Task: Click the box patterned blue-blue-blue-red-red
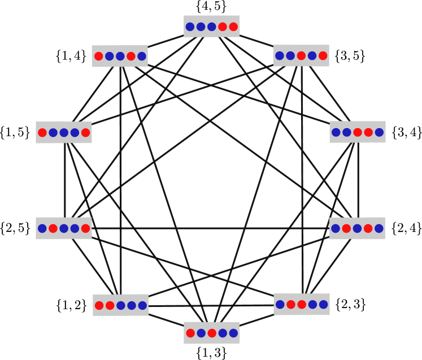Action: [x=211, y=27]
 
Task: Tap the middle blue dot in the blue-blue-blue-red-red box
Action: [x=201, y=27]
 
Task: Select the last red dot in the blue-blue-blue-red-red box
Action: [x=233, y=27]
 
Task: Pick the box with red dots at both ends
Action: [x=64, y=133]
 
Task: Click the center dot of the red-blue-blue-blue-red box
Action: [x=64, y=133]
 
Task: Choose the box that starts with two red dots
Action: [x=120, y=305]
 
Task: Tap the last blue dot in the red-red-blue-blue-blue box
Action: [x=142, y=305]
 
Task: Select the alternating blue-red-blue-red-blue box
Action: [x=357, y=229]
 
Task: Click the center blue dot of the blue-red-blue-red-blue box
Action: [x=357, y=229]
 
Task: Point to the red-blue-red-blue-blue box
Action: [x=211, y=333]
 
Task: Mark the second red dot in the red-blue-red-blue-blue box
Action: [x=212, y=333]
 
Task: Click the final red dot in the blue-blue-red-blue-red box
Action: [x=323, y=56]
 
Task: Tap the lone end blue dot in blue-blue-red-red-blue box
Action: [x=379, y=132]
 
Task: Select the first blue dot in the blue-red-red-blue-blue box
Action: [x=280, y=304]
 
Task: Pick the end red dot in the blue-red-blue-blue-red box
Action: [x=85, y=229]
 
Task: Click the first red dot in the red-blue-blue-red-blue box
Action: [x=99, y=56]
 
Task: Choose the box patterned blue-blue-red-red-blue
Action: [x=357, y=132]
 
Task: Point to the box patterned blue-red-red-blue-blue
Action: [x=302, y=304]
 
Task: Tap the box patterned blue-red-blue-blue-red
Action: [x=64, y=229]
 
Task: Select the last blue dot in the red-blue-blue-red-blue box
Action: [x=142, y=56]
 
